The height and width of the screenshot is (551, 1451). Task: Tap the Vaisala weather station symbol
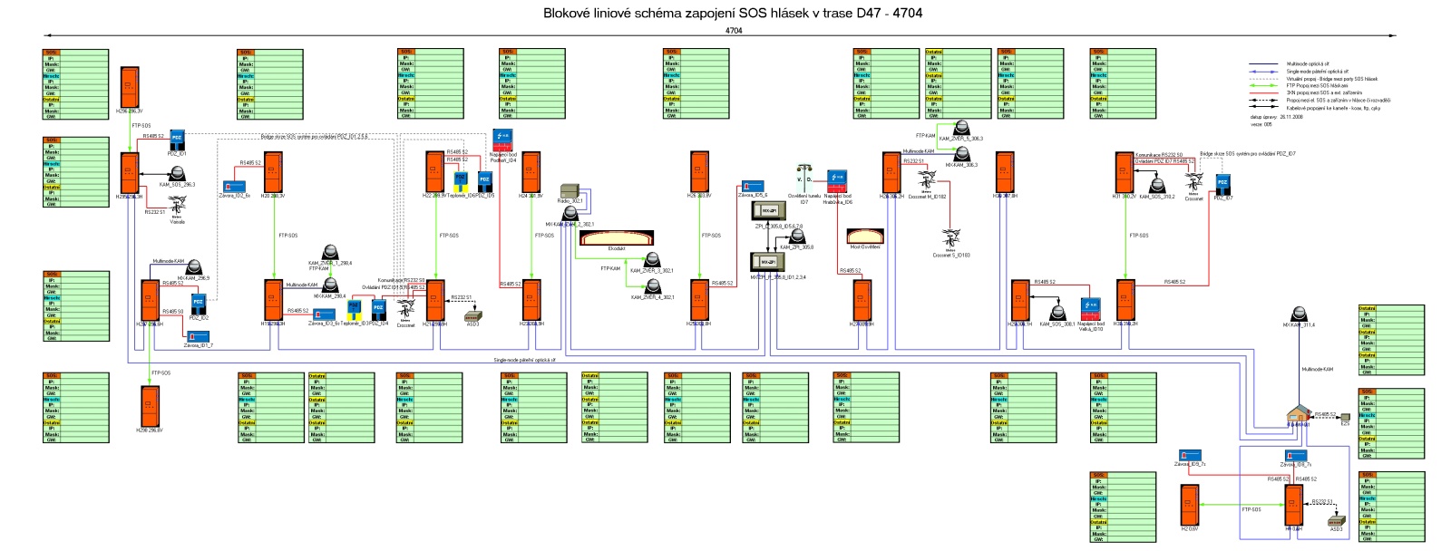click(177, 208)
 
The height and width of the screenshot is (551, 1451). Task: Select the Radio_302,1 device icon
click(570, 190)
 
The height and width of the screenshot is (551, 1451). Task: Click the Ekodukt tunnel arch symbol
click(616, 238)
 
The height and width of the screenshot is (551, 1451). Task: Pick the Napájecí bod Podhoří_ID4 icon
click(503, 140)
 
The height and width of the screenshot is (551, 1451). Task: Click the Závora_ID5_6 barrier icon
click(752, 187)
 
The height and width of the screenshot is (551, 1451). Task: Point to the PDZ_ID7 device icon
click(1222, 184)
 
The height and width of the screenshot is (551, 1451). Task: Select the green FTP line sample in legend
click(1264, 86)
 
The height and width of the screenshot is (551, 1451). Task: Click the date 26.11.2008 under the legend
click(1291, 117)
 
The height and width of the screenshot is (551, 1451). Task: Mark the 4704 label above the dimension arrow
click(734, 31)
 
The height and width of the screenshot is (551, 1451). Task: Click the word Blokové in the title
click(564, 13)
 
